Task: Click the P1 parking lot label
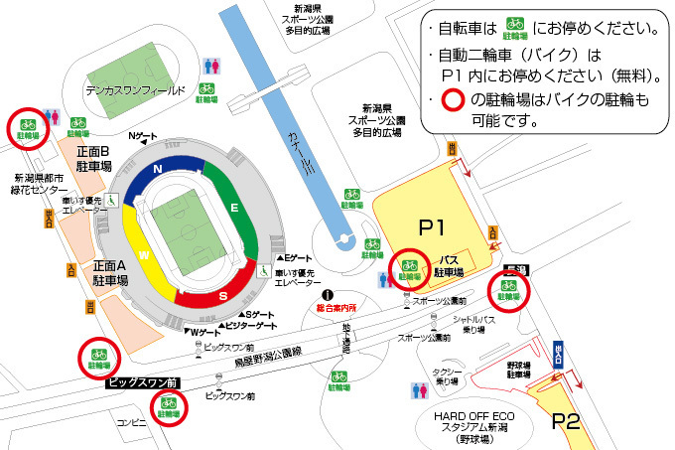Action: (x=431, y=227)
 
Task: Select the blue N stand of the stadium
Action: (x=158, y=171)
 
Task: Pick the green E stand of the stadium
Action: (x=235, y=208)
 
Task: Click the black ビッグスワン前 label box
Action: (x=142, y=380)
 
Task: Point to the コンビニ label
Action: (x=131, y=421)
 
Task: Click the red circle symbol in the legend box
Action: (x=452, y=101)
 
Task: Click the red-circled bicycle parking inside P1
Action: (x=409, y=266)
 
